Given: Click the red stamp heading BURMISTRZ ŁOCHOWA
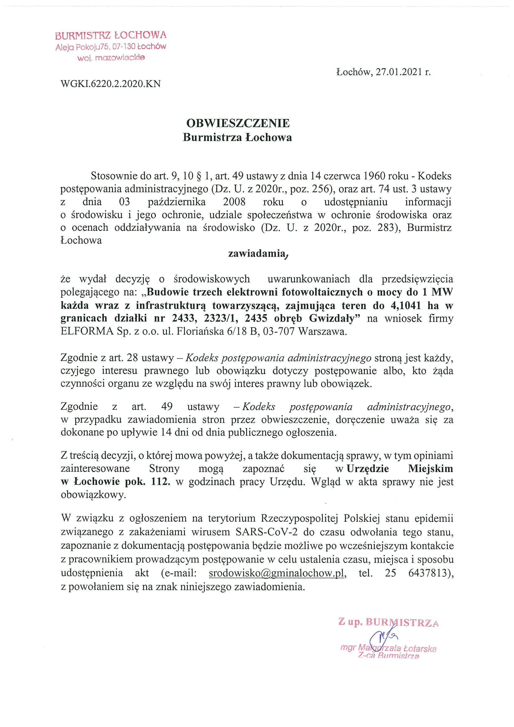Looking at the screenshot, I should coord(111,35).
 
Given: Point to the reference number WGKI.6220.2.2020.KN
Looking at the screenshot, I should coord(111,84).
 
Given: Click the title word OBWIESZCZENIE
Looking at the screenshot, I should coord(238,123).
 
